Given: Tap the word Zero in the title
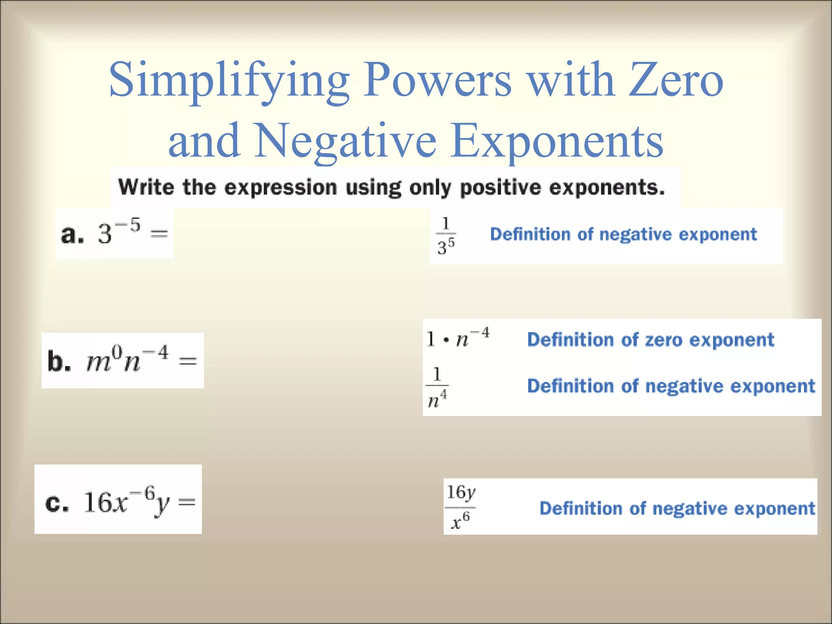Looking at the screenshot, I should click(676, 80).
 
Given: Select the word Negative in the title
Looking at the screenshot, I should click(345, 140).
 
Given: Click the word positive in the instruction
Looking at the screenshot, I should click(500, 187).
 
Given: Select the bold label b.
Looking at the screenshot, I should click(59, 361).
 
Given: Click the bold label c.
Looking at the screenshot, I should click(57, 504).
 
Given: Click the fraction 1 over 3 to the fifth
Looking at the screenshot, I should click(446, 236).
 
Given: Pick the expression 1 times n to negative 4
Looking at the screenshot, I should click(458, 338).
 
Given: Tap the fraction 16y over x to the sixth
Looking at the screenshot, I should click(460, 507).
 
